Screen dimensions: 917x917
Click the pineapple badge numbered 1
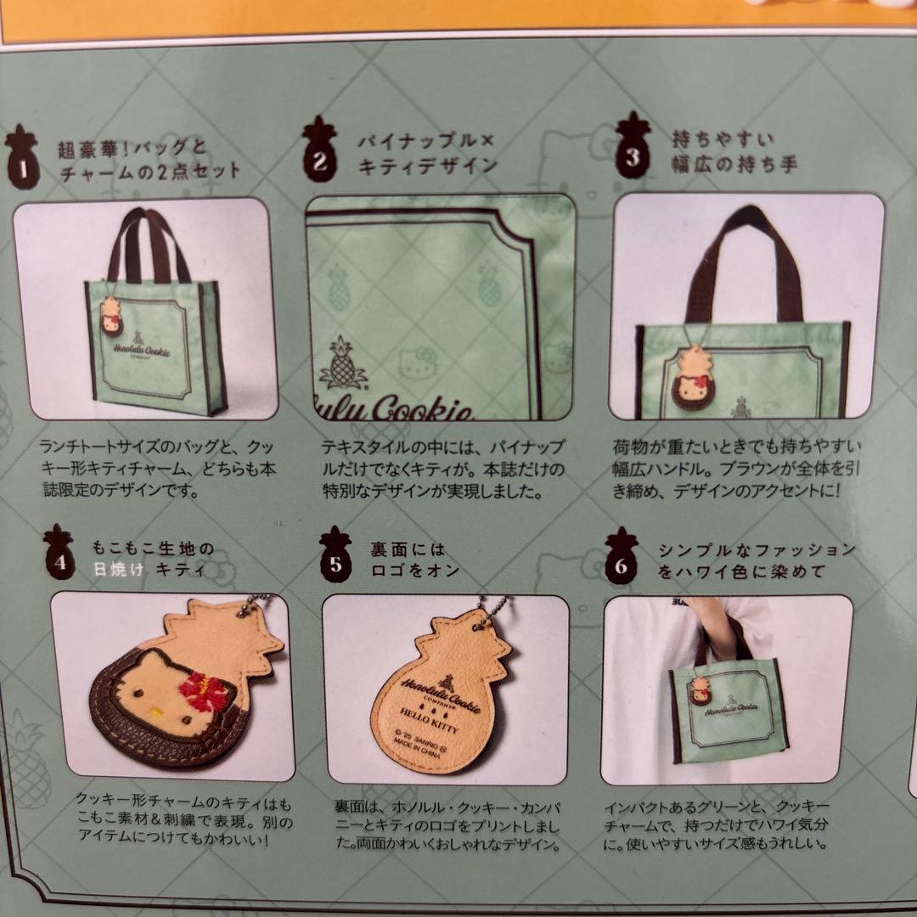(x=22, y=158)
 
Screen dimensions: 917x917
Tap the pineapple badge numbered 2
(x=319, y=149)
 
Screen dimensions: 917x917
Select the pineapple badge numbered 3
(x=633, y=146)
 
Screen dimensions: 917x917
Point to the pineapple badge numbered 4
(x=59, y=553)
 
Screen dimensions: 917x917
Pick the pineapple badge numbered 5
(x=335, y=555)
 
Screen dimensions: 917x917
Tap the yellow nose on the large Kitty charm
(x=156, y=712)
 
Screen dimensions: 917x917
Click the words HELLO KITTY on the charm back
(x=430, y=722)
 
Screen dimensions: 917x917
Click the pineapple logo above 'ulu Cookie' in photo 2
(x=342, y=363)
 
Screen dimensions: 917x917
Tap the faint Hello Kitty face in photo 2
(x=417, y=363)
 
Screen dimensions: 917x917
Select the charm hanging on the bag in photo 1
(x=110, y=317)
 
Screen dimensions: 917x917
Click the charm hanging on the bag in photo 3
(x=693, y=377)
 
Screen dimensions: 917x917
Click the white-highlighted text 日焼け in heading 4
(x=119, y=569)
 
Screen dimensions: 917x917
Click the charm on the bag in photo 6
(x=700, y=691)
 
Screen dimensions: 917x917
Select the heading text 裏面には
(x=408, y=549)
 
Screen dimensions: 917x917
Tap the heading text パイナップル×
(x=426, y=141)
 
